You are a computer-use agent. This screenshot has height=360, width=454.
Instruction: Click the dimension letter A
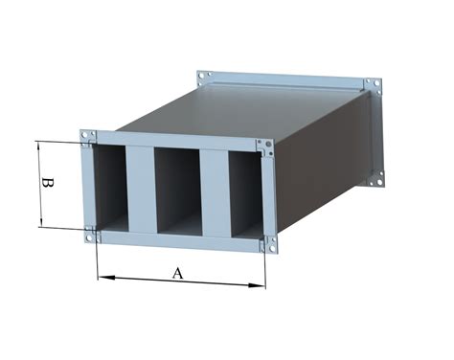[x=178, y=274]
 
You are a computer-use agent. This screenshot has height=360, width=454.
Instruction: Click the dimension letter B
[x=48, y=184]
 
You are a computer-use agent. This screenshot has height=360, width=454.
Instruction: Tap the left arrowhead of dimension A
[x=106, y=278]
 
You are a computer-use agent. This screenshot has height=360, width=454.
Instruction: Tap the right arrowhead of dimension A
[x=257, y=285]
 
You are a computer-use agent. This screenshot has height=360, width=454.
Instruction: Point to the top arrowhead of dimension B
[x=38, y=147]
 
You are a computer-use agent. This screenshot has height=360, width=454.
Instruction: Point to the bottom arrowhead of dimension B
[x=41, y=220]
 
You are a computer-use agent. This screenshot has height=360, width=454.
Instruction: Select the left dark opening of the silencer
[x=110, y=189]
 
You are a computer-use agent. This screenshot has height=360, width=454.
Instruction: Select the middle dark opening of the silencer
[x=179, y=191]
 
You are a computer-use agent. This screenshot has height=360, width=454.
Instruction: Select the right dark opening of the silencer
[x=246, y=194]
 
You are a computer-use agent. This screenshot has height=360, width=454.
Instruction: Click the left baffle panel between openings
[x=142, y=190]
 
